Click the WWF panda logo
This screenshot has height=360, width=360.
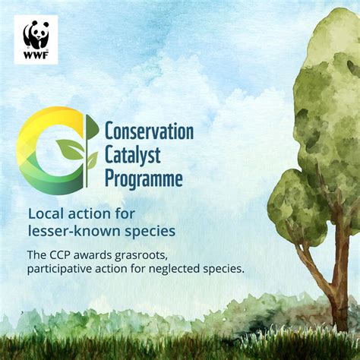(x=36, y=33)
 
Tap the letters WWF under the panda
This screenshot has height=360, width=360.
(x=36, y=54)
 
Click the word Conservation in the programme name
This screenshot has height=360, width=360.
(x=149, y=131)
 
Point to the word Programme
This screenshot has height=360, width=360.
(x=144, y=179)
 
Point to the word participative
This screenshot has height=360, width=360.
(x=59, y=268)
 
